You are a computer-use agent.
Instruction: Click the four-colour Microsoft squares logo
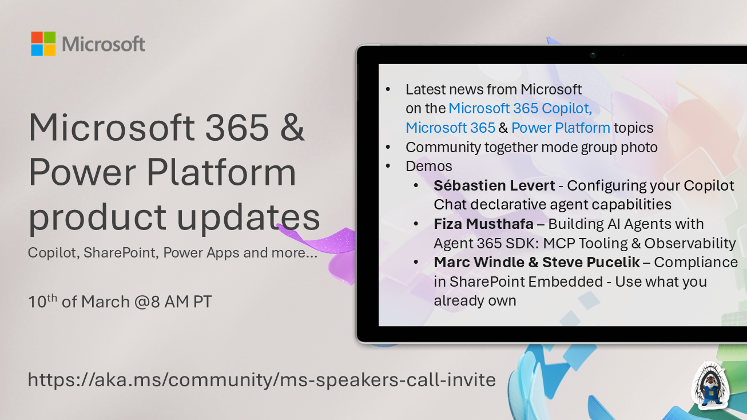[43, 43]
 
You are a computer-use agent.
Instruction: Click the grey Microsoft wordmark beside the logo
[104, 44]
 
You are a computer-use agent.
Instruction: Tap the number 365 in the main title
[237, 127]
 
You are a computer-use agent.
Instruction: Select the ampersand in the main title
[292, 127]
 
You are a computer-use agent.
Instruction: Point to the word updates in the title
[248, 217]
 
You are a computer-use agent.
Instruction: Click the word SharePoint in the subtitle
[120, 253]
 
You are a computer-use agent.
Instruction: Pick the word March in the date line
[105, 302]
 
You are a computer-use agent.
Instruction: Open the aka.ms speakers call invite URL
[262, 380]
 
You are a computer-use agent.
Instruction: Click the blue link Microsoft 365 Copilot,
[520, 108]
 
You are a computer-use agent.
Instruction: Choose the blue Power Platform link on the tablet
[561, 128]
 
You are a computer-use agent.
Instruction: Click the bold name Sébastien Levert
[494, 185]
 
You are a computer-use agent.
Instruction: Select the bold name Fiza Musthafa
[483, 224]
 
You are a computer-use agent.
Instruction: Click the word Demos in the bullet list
[429, 166]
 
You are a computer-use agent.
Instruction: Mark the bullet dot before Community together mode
[388, 147]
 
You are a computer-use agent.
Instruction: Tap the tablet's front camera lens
[593, 55]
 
